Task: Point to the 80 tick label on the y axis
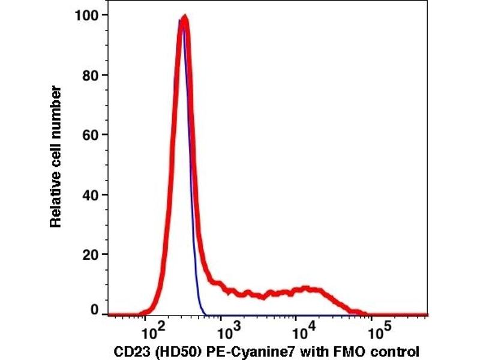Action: point(90,76)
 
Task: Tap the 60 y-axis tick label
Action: point(90,136)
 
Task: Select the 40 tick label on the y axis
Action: point(90,194)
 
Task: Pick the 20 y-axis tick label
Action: point(90,254)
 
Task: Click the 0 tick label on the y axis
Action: point(94,310)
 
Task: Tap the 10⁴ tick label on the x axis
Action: point(302,329)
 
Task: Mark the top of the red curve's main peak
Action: point(185,19)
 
